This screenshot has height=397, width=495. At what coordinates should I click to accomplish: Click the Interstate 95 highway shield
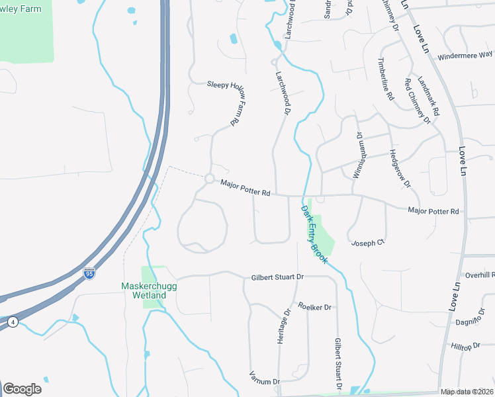point(89,273)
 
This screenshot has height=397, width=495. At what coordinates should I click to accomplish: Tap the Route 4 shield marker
point(13,322)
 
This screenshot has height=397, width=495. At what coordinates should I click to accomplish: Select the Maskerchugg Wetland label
point(144,290)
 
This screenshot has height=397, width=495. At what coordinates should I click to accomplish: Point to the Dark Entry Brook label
point(314,234)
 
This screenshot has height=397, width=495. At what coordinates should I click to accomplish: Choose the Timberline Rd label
point(386,78)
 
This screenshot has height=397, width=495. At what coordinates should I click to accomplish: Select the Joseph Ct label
point(367,242)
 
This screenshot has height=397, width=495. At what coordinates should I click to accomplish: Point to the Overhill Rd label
point(479,275)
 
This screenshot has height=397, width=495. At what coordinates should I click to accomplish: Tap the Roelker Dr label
point(314,307)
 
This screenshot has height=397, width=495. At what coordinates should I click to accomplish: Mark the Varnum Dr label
point(265,381)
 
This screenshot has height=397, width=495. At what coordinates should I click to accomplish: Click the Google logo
point(22,388)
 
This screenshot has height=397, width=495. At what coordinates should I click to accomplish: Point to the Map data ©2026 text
point(467,392)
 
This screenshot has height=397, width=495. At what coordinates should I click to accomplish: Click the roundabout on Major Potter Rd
point(210,179)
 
